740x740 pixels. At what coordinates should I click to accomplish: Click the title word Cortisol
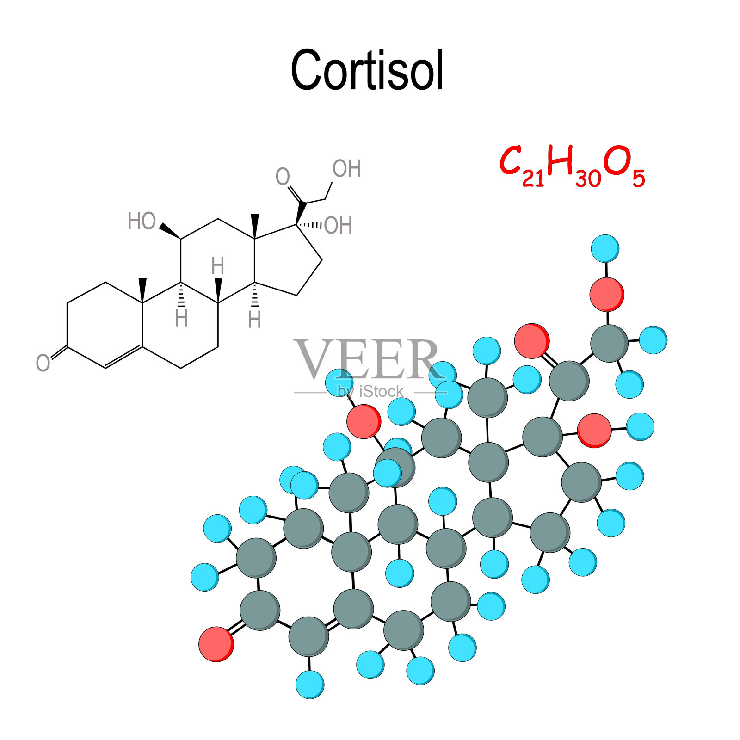tap(368, 70)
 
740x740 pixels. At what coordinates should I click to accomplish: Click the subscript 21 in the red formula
tap(533, 178)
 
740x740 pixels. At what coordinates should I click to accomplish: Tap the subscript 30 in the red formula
tap(588, 178)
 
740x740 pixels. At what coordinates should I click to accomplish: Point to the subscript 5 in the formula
tap(639, 179)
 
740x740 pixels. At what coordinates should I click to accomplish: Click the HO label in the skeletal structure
tap(142, 221)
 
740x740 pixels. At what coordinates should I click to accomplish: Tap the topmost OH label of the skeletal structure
tap(346, 169)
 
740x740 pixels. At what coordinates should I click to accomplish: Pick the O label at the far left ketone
tap(43, 363)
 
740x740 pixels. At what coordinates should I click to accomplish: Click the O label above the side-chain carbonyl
tap(283, 176)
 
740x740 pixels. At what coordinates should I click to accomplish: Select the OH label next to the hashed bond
tap(338, 226)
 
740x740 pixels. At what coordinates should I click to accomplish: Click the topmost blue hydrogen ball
tap(605, 248)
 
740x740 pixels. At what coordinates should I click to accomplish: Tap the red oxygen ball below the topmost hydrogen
tap(607, 294)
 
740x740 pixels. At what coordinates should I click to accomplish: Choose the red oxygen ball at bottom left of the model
tap(216, 644)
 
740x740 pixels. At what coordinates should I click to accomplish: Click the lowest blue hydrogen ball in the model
tap(310, 684)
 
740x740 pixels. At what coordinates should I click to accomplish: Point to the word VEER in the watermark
tap(367, 359)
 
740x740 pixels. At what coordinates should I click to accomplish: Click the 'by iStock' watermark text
tap(370, 392)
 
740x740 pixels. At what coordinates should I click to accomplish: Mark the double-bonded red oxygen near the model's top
tap(532, 341)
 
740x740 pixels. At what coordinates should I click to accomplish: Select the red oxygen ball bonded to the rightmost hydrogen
tap(594, 430)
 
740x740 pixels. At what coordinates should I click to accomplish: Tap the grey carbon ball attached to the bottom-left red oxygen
tap(260, 610)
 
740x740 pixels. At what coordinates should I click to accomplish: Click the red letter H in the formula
tap(560, 160)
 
